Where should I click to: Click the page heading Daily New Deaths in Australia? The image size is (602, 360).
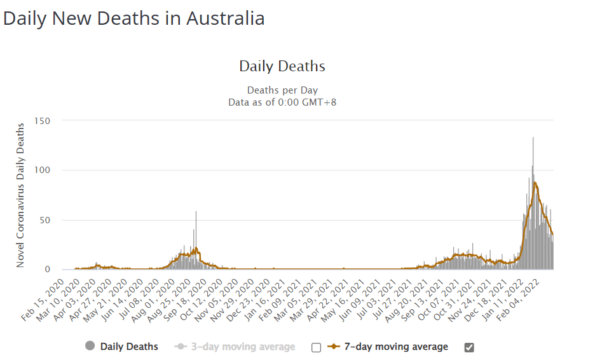point(133,18)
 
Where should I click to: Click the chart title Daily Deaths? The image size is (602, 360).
point(282,66)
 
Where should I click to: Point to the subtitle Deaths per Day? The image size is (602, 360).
point(282,90)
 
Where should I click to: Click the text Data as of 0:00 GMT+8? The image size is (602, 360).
point(282,102)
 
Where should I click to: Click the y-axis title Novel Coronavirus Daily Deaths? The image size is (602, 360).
point(20,194)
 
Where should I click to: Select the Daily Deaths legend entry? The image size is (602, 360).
point(129,347)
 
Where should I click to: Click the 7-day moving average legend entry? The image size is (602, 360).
point(396,347)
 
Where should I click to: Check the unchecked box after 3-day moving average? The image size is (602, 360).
point(317,347)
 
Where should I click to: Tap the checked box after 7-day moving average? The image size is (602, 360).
point(470,347)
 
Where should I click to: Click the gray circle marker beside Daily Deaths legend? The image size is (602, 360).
point(90,346)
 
